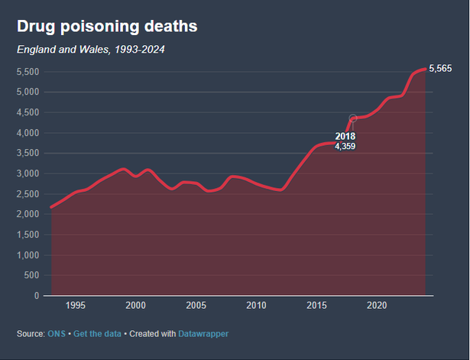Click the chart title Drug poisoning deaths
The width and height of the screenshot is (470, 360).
(108, 27)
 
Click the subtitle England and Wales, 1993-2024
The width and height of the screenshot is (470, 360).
(91, 50)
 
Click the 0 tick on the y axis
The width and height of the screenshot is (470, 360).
(37, 296)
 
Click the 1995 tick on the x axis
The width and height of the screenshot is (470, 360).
(76, 306)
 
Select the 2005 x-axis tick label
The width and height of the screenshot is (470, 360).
(196, 306)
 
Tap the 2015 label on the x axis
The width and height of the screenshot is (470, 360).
(316, 306)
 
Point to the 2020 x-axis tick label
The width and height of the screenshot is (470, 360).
(377, 306)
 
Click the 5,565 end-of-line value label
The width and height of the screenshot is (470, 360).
(441, 69)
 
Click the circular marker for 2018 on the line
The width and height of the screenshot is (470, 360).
(353, 118)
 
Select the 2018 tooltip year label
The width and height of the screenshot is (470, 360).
(345, 136)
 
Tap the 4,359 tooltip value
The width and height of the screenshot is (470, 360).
(345, 146)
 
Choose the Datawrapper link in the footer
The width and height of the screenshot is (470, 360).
(203, 334)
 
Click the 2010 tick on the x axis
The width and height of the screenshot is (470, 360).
(257, 306)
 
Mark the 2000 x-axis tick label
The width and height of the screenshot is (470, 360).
(136, 306)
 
